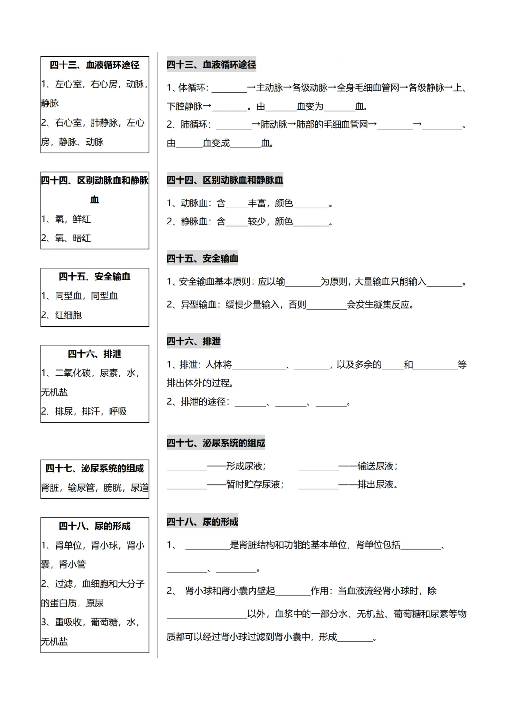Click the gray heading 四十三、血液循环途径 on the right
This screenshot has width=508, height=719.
[x=211, y=64]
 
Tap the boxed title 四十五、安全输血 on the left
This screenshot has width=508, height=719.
[x=95, y=277]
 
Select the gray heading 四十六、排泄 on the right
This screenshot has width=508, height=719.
[x=193, y=341]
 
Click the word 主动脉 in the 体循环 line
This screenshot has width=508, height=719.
[x=269, y=88]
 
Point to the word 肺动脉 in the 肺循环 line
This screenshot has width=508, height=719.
[x=274, y=125]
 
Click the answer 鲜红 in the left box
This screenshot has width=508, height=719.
[x=82, y=219]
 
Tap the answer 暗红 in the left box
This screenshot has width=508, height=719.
[x=82, y=238]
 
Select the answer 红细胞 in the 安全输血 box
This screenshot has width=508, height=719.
[x=68, y=315]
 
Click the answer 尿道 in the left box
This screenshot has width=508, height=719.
[x=139, y=487]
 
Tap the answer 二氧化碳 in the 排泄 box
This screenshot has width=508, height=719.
[x=73, y=373]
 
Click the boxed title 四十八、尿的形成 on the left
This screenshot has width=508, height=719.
[x=95, y=526]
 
